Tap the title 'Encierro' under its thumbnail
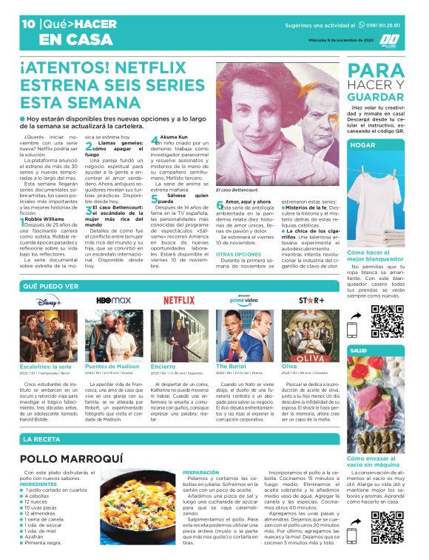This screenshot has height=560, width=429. (x=163, y=366)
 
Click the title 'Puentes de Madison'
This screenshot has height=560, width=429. (x=112, y=366)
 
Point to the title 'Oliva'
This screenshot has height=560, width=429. (x=289, y=366)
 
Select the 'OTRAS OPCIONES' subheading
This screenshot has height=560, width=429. (x=237, y=253)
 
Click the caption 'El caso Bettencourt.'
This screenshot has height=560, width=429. (x=235, y=190)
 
